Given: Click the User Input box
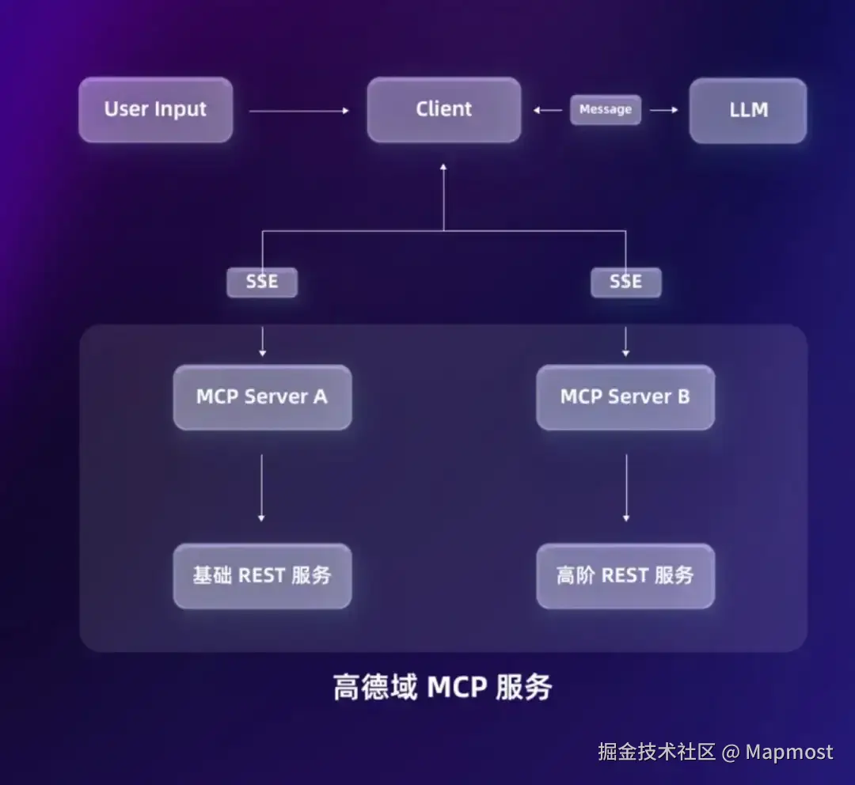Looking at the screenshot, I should [x=155, y=110].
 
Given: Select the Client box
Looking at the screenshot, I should [x=443, y=110].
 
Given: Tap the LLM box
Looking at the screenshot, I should [x=748, y=110].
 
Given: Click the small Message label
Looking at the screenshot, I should [x=606, y=110].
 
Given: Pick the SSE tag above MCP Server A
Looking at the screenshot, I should [x=262, y=282].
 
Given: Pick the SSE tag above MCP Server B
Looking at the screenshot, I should [x=625, y=282].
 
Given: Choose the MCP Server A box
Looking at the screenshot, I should [x=262, y=397].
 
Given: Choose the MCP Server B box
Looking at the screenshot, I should [x=625, y=397].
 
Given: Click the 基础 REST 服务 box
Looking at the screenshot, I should [x=262, y=576].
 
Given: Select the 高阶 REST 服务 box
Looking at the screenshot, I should [x=625, y=576].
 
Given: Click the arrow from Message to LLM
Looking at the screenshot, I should [x=664, y=110].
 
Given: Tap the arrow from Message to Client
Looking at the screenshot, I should [x=548, y=110].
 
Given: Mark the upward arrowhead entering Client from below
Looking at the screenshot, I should [x=443, y=168].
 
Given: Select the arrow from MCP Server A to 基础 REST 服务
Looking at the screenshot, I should [x=262, y=487].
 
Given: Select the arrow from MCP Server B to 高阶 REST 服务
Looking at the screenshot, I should [x=626, y=487].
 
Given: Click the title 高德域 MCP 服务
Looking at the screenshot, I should [x=442, y=687].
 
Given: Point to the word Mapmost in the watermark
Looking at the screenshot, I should [x=789, y=752].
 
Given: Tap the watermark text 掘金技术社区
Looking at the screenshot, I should [x=656, y=752].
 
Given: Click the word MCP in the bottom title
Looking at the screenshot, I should [x=457, y=687].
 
